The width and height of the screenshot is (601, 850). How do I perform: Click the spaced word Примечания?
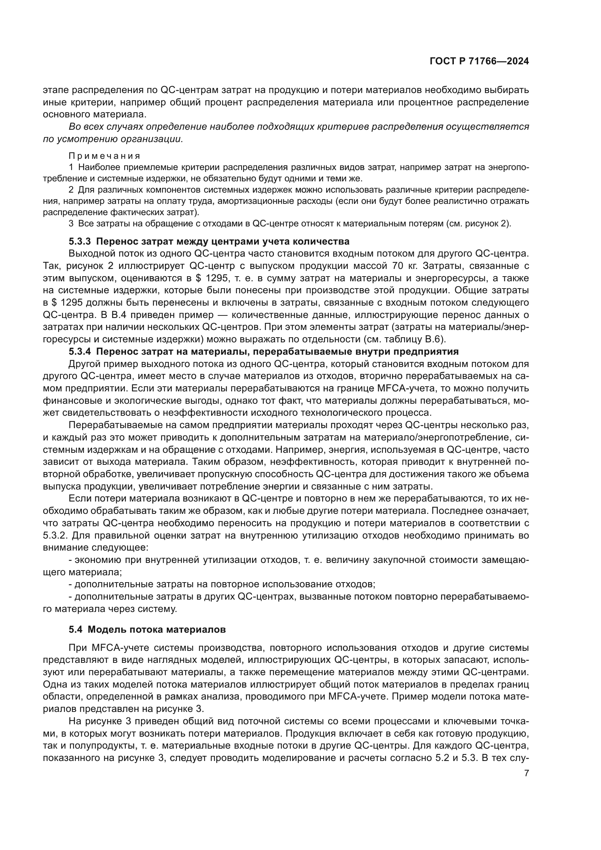pyautogui.click(x=105, y=156)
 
